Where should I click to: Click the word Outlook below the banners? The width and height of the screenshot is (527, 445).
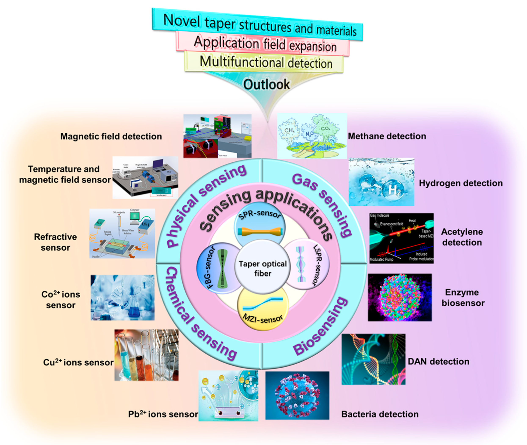tap(266, 84)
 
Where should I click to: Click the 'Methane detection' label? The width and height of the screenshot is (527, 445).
tap(387, 136)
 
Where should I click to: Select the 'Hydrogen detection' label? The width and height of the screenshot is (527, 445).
tap(461, 183)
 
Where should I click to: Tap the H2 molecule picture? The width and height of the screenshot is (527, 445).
tap(381, 182)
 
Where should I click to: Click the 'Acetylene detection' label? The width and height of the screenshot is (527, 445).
tap(462, 237)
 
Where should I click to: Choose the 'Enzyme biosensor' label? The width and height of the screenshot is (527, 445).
tap(463, 298)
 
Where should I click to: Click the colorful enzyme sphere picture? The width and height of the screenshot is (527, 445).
tap(400, 297)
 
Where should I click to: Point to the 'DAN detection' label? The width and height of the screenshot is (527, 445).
tap(438, 361)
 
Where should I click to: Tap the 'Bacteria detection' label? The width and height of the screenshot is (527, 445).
tap(380, 414)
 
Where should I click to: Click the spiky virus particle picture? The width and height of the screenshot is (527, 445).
tap(297, 396)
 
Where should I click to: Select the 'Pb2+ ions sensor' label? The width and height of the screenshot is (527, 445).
tap(163, 414)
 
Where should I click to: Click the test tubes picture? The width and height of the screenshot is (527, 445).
tap(146, 355)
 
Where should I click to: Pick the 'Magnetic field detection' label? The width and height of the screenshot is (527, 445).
tap(111, 136)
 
